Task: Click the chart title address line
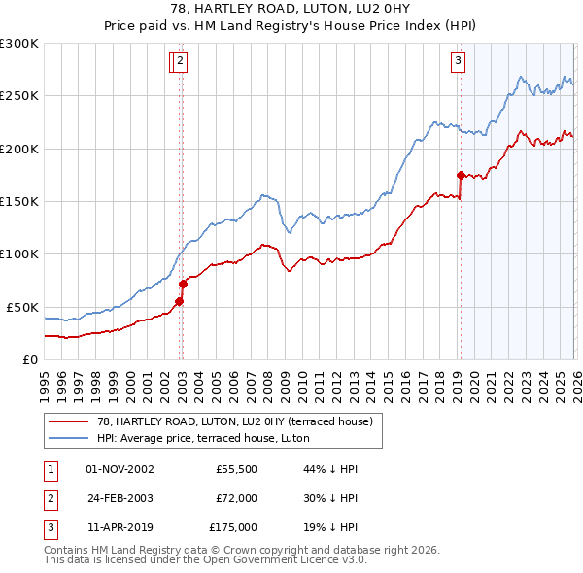[x=291, y=9]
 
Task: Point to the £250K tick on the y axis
[x=19, y=96]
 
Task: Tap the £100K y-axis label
[x=19, y=254]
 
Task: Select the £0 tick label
[x=29, y=359]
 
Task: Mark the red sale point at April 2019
[x=461, y=175]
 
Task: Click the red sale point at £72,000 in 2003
[x=183, y=284]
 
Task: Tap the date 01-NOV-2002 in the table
[x=120, y=469]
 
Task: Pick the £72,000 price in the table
[x=237, y=498]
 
